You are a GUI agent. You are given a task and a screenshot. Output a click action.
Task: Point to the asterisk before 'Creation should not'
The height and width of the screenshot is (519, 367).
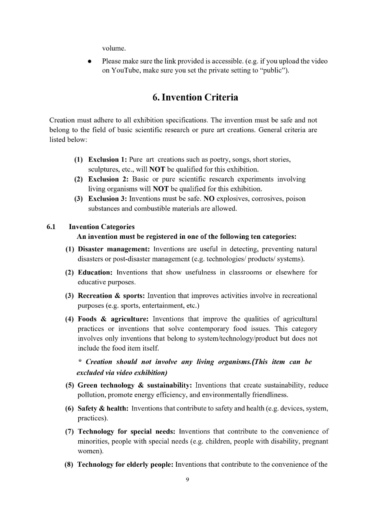[80, 361]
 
